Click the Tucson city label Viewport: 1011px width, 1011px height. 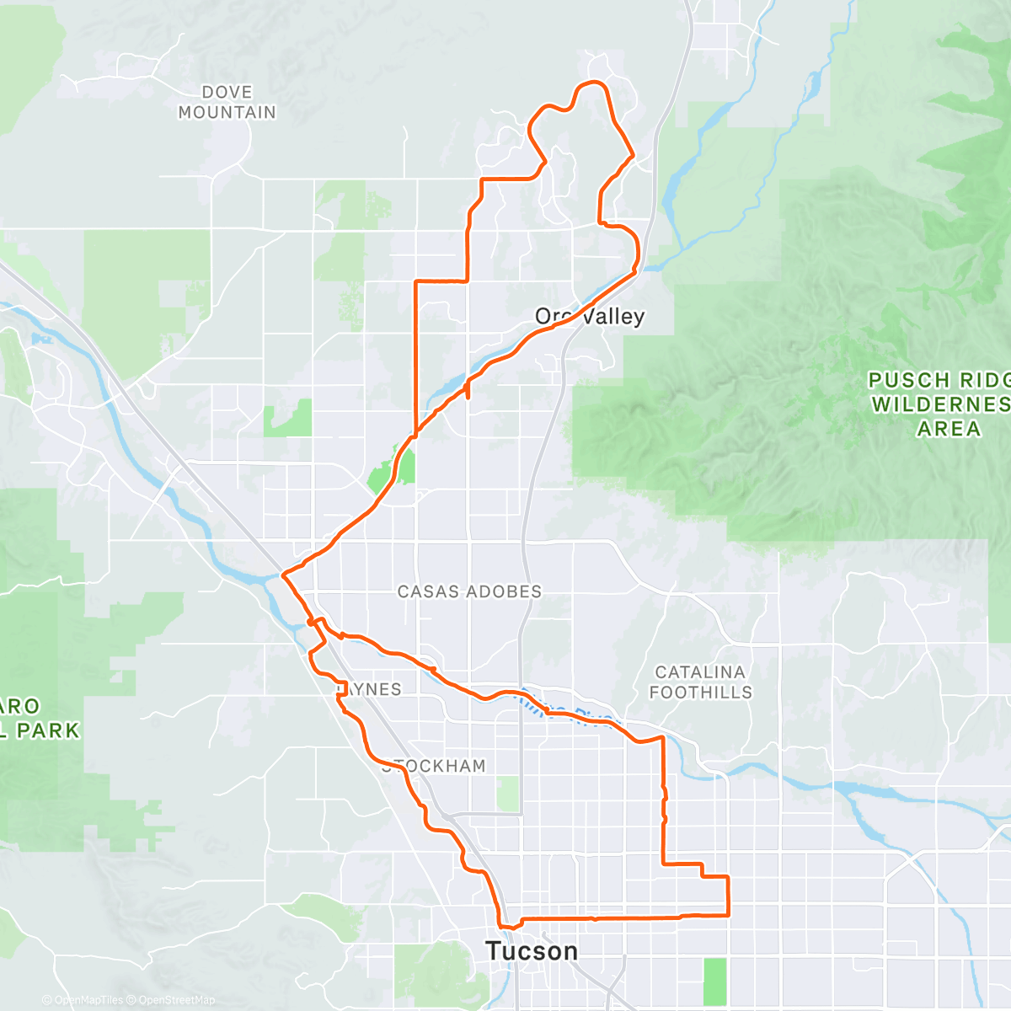(x=532, y=951)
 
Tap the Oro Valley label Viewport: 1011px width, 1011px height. (x=590, y=317)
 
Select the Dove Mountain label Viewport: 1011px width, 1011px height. (x=227, y=102)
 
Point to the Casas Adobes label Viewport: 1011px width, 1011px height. (x=469, y=591)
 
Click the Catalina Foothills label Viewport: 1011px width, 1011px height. (x=700, y=682)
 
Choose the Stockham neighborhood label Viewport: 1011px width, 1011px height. (x=435, y=766)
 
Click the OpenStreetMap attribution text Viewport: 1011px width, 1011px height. (x=176, y=1000)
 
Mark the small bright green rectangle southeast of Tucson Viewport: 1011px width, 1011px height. (x=714, y=981)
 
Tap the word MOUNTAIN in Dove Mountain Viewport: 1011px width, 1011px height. (x=227, y=112)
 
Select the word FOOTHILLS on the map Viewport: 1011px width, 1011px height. (x=700, y=692)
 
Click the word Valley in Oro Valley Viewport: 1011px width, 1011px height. (x=613, y=317)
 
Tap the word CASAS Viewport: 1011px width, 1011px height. (x=426, y=591)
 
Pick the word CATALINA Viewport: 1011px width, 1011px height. (x=700, y=672)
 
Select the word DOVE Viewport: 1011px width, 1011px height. (x=227, y=92)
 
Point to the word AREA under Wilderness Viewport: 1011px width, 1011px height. (x=949, y=429)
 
